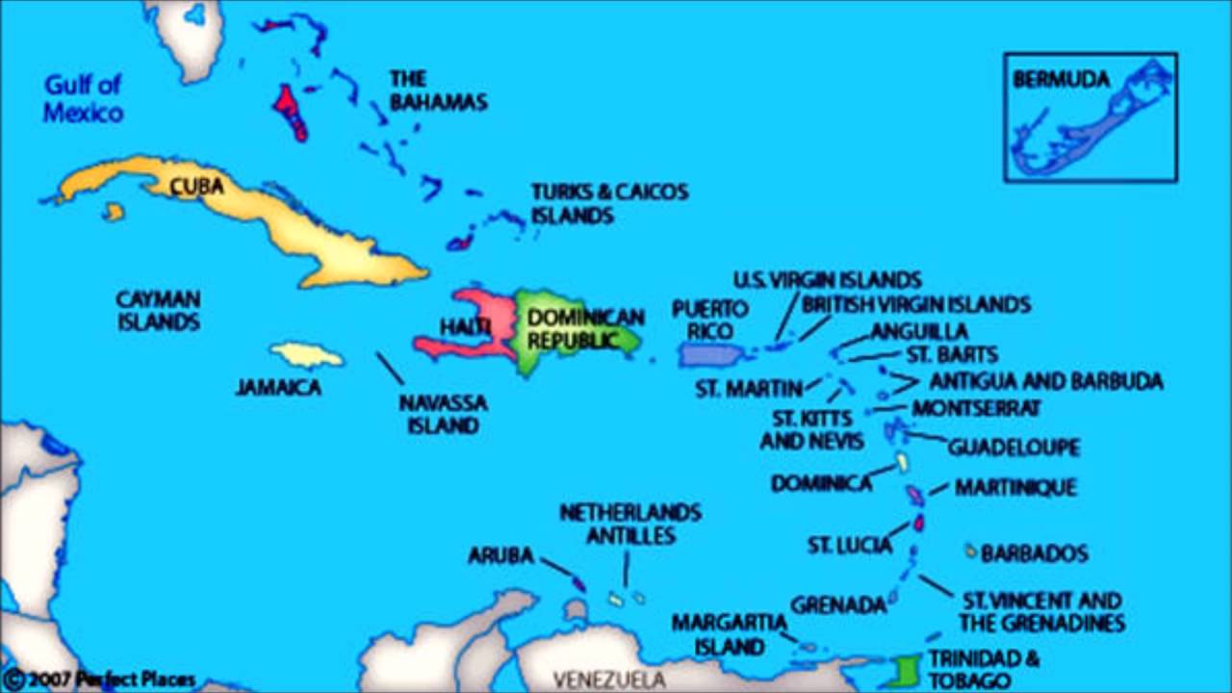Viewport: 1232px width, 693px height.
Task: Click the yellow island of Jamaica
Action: click(306, 355)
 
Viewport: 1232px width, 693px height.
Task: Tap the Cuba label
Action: click(197, 186)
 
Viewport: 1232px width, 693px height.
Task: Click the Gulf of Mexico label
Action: click(83, 98)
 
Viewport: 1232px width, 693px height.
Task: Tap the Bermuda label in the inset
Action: click(1061, 80)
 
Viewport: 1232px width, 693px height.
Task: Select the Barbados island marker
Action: click(971, 552)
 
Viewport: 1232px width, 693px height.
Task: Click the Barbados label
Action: click(1035, 553)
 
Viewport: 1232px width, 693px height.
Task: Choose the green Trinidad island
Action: click(904, 669)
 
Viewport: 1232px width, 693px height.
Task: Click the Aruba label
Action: click(500, 555)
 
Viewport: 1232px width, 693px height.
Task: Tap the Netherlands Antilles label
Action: click(630, 524)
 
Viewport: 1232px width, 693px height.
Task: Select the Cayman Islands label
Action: click(159, 310)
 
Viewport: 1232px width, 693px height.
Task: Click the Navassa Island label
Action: click(443, 413)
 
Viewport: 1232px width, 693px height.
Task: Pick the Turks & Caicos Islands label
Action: click(609, 203)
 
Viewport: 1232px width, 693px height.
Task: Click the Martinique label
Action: click(1014, 488)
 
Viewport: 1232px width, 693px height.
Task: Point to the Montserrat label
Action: click(976, 408)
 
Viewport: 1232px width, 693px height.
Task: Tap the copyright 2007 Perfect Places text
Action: click(100, 680)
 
